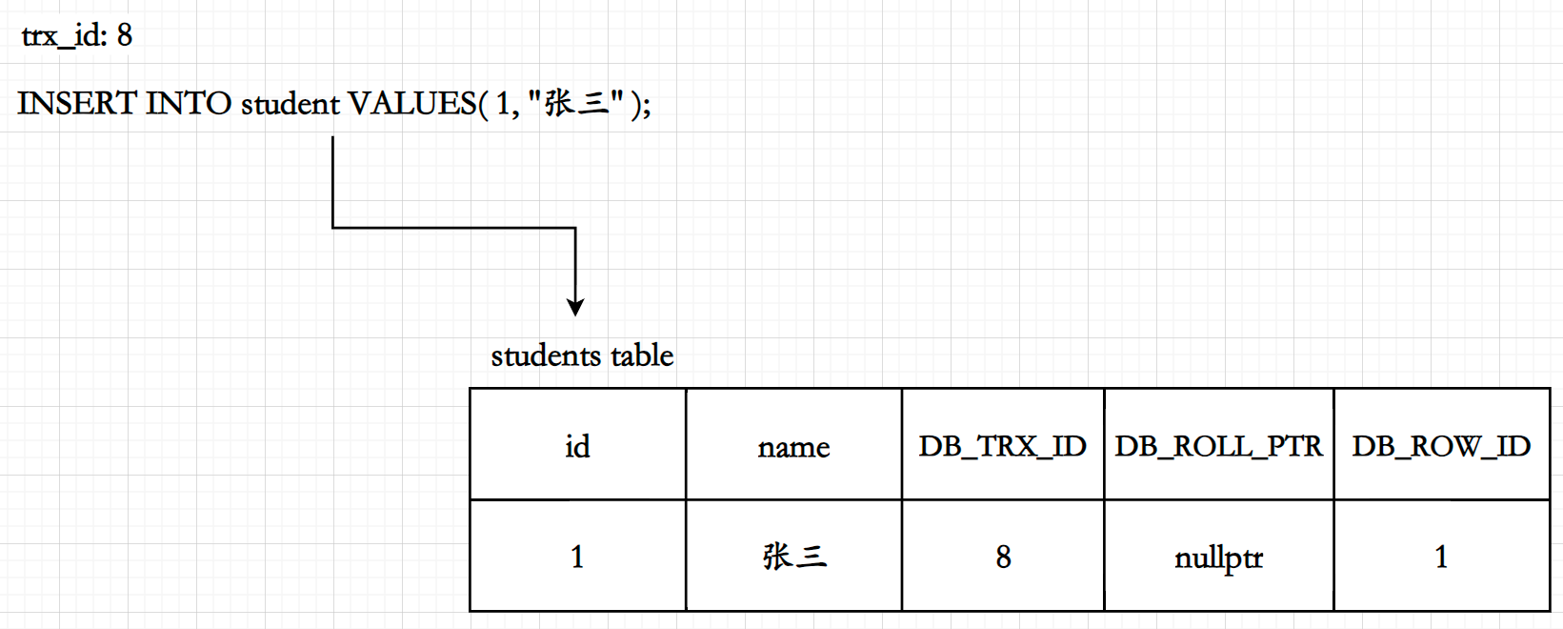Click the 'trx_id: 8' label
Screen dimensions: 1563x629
tap(76, 36)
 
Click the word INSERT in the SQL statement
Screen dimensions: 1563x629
tap(76, 103)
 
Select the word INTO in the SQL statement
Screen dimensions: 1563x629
tap(188, 103)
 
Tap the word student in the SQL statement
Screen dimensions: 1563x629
tap(290, 103)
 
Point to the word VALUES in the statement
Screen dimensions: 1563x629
tap(411, 103)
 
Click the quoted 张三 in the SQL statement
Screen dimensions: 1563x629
tap(576, 102)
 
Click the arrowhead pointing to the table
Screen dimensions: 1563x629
tap(575, 307)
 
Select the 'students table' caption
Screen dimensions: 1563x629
tap(582, 355)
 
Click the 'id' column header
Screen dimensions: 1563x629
tap(577, 446)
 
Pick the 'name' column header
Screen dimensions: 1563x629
tap(793, 447)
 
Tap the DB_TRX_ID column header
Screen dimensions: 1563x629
tap(1002, 446)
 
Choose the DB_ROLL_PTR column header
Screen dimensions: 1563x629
tap(1218, 446)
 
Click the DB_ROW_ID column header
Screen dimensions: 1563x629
tap(1441, 446)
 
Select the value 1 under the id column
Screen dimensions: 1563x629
tap(577, 557)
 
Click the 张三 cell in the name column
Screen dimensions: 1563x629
tap(793, 557)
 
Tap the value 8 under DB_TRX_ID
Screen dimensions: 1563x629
tap(1003, 557)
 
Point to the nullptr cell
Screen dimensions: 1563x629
tap(1218, 558)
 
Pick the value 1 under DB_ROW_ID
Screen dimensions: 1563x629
tap(1441, 557)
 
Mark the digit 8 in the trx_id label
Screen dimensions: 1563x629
tap(125, 36)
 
